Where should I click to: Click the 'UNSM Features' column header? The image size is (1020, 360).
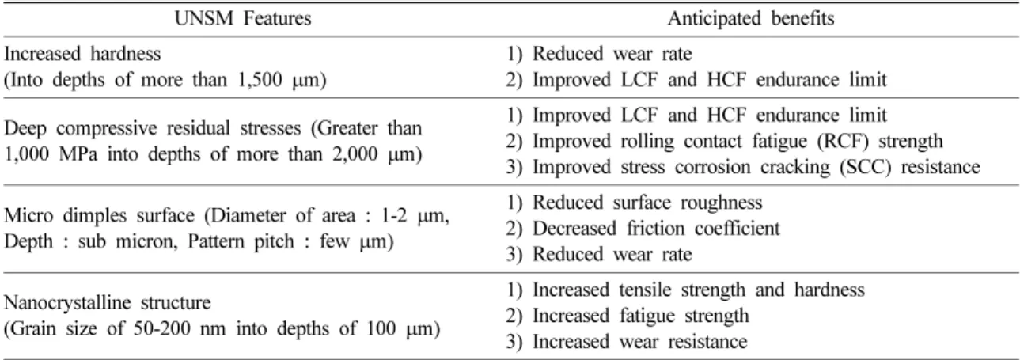pos(243,19)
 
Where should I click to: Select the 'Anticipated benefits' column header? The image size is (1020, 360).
pos(751,19)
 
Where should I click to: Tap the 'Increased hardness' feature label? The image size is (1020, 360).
pos(82,54)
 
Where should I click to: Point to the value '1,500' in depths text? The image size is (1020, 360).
pos(261,80)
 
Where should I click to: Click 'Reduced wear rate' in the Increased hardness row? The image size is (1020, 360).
pos(612,54)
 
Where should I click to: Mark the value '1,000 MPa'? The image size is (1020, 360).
pos(51,154)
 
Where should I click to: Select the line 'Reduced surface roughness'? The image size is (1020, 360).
pos(647,203)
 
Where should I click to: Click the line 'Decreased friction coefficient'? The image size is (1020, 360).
pos(656,229)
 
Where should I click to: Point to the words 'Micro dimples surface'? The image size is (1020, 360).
pos(99,215)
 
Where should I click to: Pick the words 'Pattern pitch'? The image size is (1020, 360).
pos(241,241)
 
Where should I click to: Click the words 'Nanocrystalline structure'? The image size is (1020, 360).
pos(108,303)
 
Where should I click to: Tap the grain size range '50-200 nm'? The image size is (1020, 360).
pos(180,328)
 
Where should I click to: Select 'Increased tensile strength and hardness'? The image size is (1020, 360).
pos(699,290)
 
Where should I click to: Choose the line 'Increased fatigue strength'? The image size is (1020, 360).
pos(641,316)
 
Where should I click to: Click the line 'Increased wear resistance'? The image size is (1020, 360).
pos(640,342)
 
